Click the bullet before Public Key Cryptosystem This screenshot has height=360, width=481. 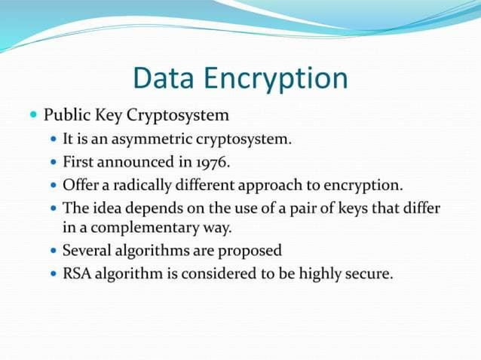(32, 116)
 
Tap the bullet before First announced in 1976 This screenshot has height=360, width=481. (52, 162)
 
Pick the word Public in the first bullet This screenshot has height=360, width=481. (65, 116)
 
